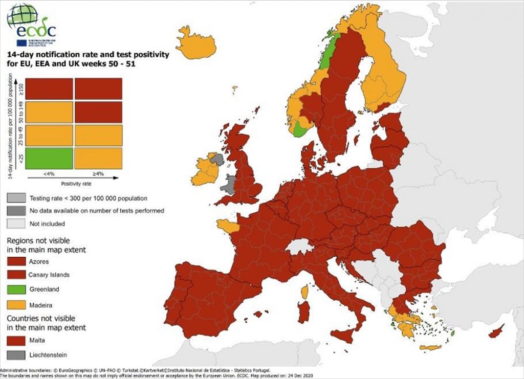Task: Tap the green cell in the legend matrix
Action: tap(49, 158)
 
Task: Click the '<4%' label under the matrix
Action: tap(50, 174)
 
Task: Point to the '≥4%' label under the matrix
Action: tap(98, 174)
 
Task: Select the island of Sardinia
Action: tap(303, 311)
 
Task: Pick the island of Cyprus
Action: tap(494, 332)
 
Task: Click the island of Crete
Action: tap(430, 348)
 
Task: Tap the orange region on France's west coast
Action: tap(227, 226)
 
